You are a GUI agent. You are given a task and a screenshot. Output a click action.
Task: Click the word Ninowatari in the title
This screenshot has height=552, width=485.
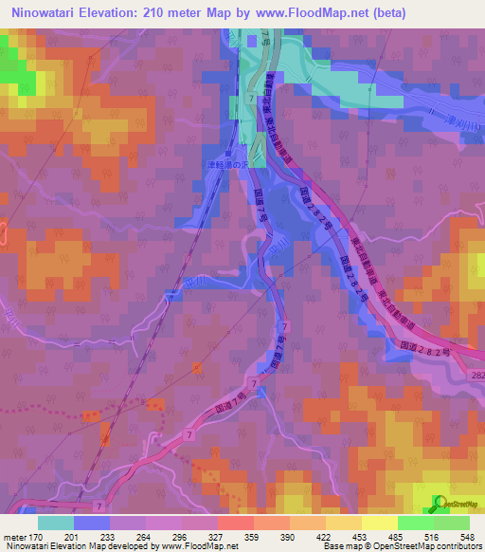pyautogui.click(x=42, y=12)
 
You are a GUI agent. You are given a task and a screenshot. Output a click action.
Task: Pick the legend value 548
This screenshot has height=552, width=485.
pyautogui.click(x=466, y=535)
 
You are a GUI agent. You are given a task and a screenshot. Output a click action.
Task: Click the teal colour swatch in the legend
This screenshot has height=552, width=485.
pyautogui.click(x=56, y=523)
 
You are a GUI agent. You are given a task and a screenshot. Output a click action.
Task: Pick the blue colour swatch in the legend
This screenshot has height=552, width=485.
pyautogui.click(x=92, y=523)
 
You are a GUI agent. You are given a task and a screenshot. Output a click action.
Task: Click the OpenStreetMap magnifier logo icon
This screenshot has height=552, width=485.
pyautogui.click(x=438, y=502)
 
